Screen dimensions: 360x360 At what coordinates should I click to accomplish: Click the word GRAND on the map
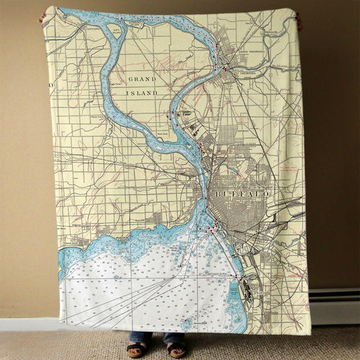pos(142,78)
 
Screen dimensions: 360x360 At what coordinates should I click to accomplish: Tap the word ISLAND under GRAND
pos(142,93)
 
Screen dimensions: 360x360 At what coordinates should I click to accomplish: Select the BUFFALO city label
pos(242,194)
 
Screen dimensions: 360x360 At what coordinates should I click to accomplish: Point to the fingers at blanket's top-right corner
pos(298,19)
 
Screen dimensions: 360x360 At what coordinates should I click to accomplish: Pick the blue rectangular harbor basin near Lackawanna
pos(233,292)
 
